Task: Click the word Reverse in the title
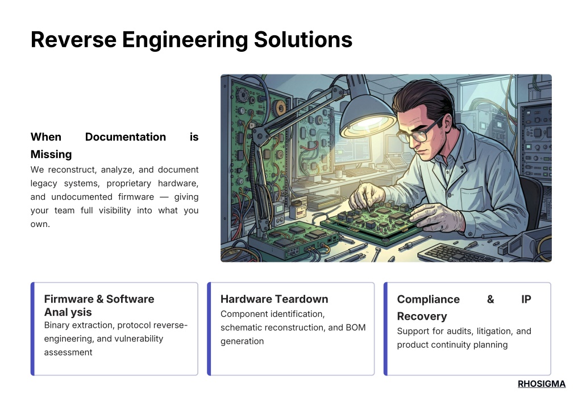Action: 73,39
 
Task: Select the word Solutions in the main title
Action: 303,39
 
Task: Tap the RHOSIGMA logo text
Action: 542,383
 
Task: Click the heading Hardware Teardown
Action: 275,299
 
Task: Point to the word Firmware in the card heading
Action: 69,299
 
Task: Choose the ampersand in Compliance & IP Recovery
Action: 490,299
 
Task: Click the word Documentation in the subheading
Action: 126,137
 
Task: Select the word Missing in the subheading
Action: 51,154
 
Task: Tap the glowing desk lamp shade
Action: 368,117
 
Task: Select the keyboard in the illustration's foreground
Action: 457,253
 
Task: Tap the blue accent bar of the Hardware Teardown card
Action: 209,329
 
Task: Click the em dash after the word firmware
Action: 164,197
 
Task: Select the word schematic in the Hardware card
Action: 240,328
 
